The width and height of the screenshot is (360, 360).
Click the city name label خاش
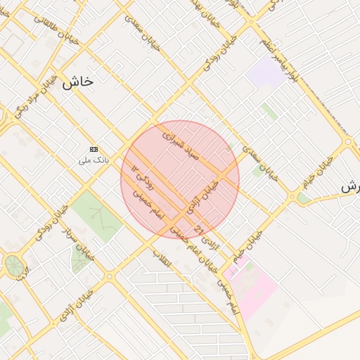77,82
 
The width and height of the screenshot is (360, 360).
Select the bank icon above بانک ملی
94,149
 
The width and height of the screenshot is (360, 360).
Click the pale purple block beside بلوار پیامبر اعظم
267,72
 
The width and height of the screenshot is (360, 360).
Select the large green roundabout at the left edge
13,266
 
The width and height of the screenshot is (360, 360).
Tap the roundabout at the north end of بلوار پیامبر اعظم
251,21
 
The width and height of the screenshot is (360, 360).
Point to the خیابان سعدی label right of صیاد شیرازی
259,162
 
